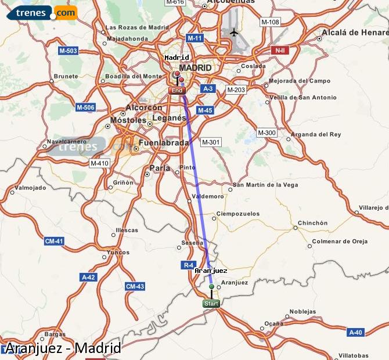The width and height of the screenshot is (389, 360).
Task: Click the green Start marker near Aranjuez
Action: point(211,304)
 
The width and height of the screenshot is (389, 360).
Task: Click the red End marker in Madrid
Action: point(177,91)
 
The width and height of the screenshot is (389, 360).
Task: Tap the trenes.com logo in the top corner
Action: point(42,13)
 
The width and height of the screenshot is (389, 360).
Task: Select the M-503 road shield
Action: point(69,51)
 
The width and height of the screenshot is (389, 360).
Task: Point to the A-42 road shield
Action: point(88,278)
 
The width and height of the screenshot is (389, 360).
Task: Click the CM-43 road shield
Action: point(135,286)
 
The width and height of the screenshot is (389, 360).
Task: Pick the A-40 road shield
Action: point(355,332)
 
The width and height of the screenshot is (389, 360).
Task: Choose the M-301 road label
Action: point(210,142)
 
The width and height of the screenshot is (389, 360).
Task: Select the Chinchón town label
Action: point(313,223)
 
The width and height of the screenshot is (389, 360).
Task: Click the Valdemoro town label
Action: point(208,196)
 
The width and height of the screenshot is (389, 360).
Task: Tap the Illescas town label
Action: point(127,230)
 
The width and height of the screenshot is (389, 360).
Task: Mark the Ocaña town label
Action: point(274,323)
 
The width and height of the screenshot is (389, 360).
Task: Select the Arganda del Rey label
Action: point(316,134)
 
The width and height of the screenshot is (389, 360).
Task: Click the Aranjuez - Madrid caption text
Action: point(63,348)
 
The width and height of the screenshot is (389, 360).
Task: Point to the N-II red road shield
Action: point(280,51)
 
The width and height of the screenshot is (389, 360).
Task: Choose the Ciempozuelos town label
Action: point(238,214)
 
